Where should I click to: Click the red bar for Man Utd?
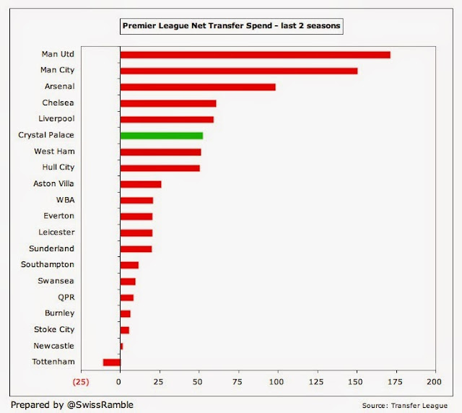pos(255,55)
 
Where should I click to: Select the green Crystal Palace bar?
pos(161,136)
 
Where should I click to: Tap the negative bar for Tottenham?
pos(111,362)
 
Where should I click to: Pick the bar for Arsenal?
pos(198,87)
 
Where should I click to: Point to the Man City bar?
pos(238,71)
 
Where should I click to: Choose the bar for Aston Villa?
pos(140,184)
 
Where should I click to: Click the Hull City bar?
pos(160,168)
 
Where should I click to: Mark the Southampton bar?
pos(128,265)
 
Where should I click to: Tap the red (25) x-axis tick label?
pos(81,381)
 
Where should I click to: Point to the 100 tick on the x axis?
pos(277,381)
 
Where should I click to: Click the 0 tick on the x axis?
pos(120,381)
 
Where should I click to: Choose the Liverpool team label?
pos(55,118)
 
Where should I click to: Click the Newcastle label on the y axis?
pos(53,346)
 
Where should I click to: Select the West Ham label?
pos(54,152)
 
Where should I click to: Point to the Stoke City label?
pos(54,330)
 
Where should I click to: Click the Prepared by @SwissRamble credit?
pos(71,404)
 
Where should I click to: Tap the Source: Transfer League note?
pos(409,405)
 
